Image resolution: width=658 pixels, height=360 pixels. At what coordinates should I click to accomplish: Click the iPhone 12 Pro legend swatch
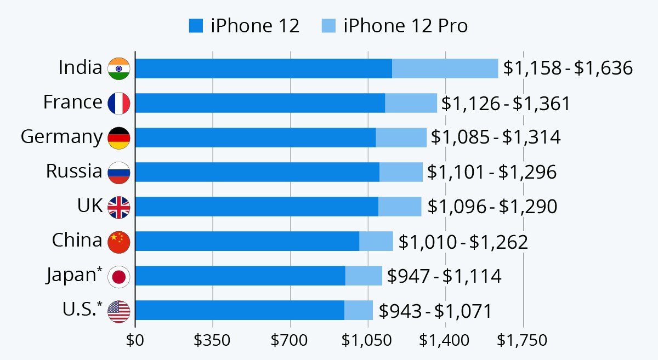(328, 26)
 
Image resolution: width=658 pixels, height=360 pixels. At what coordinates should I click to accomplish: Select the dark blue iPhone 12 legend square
(196, 26)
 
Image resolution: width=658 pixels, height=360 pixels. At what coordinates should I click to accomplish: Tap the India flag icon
(119, 68)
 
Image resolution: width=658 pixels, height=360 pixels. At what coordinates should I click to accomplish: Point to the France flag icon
(119, 103)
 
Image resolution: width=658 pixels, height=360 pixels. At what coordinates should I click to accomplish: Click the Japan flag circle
(119, 277)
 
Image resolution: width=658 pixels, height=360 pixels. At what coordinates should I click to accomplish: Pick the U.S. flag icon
(119, 311)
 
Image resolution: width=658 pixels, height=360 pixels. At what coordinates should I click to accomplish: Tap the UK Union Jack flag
(119, 207)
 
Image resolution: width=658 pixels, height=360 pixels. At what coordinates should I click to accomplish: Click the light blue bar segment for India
(445, 68)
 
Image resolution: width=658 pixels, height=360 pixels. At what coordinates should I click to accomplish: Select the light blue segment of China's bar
(376, 241)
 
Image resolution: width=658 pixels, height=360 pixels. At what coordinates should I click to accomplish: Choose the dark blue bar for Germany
(256, 138)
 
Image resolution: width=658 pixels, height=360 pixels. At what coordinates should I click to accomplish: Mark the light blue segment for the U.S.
(359, 310)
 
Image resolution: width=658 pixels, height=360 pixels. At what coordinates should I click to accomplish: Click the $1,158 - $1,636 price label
(568, 68)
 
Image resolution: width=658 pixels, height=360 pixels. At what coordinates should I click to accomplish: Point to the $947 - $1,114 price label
(444, 276)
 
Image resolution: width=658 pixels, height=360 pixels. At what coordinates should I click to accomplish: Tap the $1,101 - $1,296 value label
(492, 172)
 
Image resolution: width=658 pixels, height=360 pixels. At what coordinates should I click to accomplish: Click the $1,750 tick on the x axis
(522, 340)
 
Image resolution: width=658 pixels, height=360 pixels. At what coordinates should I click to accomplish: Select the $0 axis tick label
(135, 340)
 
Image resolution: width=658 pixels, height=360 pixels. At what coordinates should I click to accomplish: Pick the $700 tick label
(290, 340)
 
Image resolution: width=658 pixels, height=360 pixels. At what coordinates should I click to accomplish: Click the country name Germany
(61, 137)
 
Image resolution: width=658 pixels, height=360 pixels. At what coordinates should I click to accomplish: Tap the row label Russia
(74, 172)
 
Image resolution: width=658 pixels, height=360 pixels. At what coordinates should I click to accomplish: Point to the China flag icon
(119, 242)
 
